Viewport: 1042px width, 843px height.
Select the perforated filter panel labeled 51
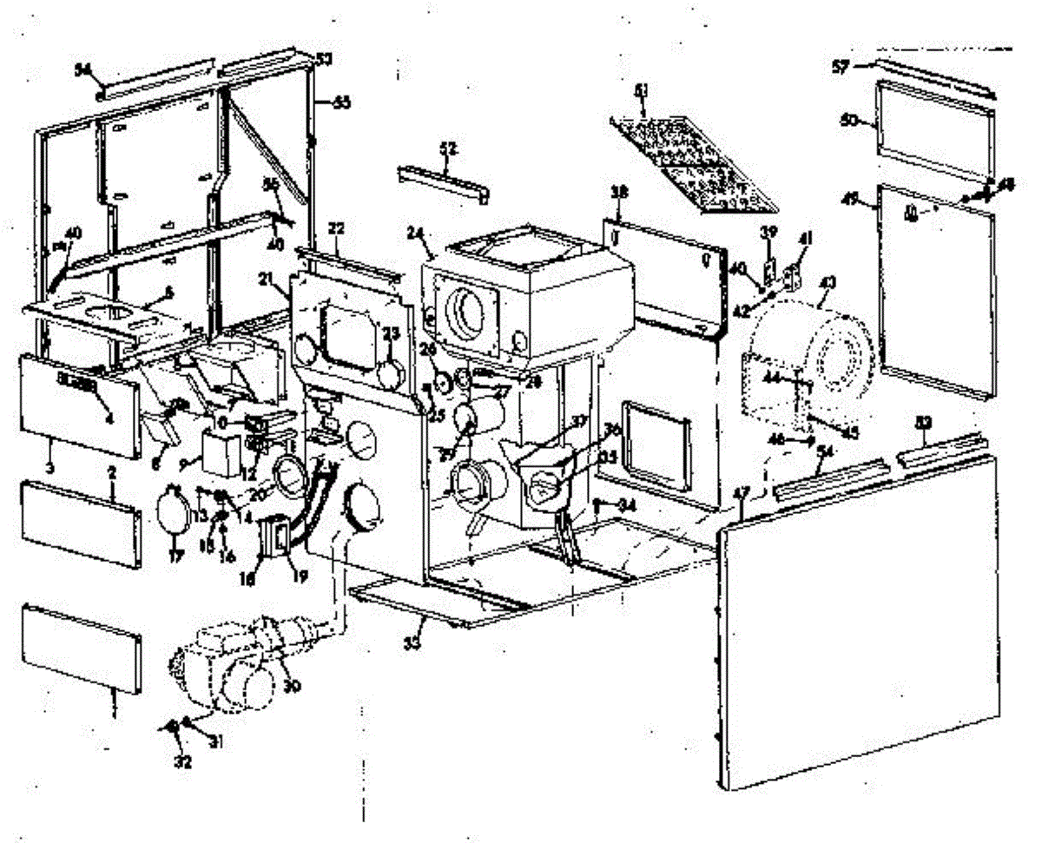pyautogui.click(x=695, y=165)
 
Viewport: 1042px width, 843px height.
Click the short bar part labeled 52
pyautogui.click(x=444, y=181)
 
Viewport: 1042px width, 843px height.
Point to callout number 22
pyautogui.click(x=336, y=228)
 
